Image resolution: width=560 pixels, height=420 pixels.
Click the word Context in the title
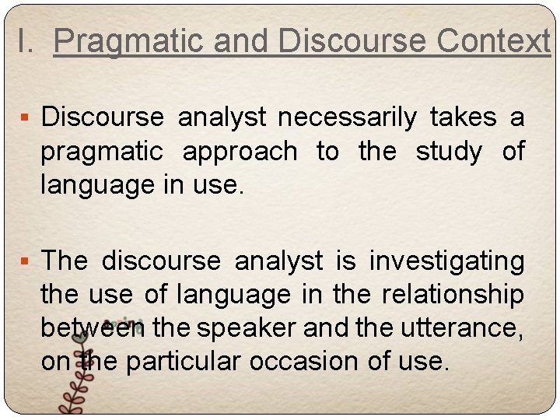click(x=493, y=40)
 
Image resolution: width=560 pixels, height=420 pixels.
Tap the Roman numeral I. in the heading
click(x=25, y=40)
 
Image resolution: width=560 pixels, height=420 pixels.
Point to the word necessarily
click(x=348, y=117)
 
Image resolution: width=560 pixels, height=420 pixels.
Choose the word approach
click(x=240, y=151)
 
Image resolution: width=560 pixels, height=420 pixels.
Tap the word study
click(x=449, y=151)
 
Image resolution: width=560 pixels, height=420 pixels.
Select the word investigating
click(x=447, y=261)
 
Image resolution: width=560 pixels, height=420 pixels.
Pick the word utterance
click(x=460, y=328)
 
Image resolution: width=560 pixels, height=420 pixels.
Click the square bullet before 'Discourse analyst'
click(x=26, y=119)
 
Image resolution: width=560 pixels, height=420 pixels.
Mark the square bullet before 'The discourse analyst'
click(x=26, y=262)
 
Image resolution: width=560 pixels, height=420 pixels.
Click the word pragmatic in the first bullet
click(x=102, y=151)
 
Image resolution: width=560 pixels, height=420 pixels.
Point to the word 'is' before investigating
click(x=345, y=261)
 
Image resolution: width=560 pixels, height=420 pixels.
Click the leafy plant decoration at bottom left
click(x=74, y=385)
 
